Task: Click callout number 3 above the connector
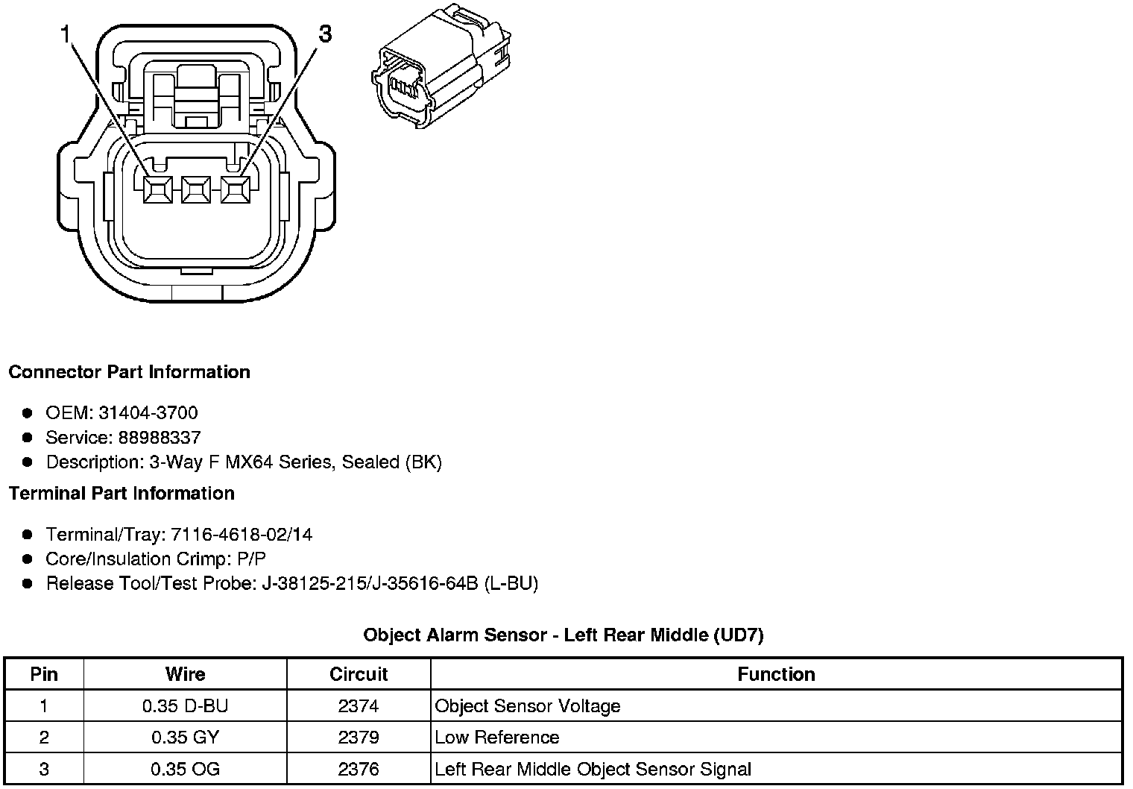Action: (326, 34)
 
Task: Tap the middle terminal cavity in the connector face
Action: (195, 190)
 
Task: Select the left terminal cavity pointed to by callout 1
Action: (158, 190)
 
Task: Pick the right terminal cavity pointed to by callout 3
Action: (234, 190)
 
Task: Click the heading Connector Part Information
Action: (130, 372)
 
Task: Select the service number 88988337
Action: (159, 437)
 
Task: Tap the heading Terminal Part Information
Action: (121, 494)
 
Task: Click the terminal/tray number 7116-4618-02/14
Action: (242, 534)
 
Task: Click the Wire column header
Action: (185, 674)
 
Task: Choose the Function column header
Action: (776, 674)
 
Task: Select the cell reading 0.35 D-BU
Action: (185, 705)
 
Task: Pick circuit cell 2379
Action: (359, 738)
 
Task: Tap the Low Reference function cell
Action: (497, 738)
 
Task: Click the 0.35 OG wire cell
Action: (185, 769)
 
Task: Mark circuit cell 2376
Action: (359, 769)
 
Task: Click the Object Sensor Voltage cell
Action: (528, 705)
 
